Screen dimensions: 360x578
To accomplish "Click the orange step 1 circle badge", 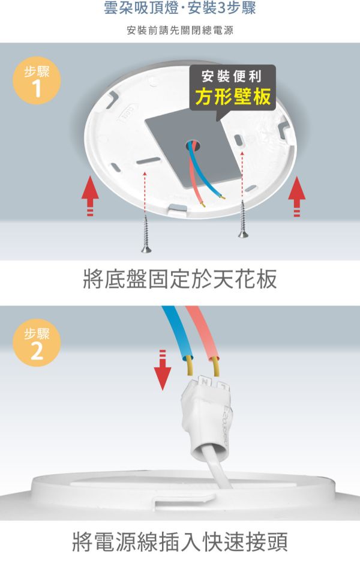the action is (36, 81).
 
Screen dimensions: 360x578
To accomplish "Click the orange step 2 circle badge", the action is (36, 343).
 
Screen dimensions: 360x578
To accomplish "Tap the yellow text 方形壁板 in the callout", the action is (233, 97).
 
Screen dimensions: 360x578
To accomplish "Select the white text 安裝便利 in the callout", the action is (232, 76).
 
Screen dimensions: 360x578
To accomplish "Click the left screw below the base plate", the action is (146, 233).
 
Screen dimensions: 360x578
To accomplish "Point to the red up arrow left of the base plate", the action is (90, 196).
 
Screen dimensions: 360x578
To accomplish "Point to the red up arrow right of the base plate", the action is (296, 196).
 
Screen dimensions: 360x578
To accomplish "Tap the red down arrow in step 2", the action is (163, 370).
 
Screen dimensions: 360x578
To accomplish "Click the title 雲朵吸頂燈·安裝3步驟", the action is (180, 9).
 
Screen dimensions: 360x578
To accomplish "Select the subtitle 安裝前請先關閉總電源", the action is (180, 30).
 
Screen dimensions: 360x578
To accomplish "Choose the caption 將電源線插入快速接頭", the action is (180, 541).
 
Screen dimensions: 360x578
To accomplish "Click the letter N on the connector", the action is (205, 381).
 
